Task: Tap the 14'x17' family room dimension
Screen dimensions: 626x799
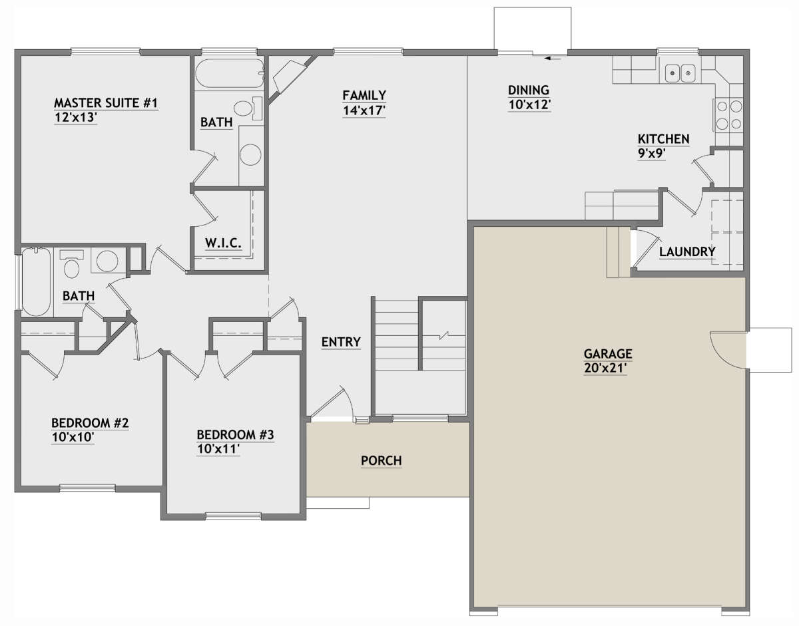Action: [x=364, y=111]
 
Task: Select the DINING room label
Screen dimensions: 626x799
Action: [x=528, y=90]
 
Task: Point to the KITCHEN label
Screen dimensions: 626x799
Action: [x=663, y=139]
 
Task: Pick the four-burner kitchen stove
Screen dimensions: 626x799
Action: [x=728, y=114]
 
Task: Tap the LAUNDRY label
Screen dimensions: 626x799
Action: [x=687, y=251]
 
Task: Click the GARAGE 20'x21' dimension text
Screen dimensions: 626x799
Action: [x=607, y=370]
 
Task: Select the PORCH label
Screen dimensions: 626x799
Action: [x=381, y=460]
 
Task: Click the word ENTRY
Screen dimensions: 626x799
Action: [x=341, y=342]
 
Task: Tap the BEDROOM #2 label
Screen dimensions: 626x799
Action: [x=90, y=423]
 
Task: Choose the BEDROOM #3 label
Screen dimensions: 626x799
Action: [x=235, y=435]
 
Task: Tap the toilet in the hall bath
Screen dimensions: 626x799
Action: [x=71, y=265]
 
